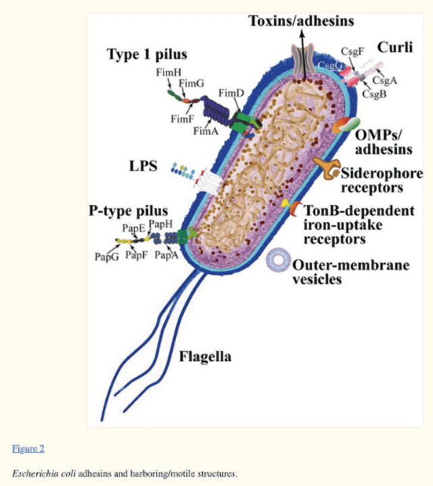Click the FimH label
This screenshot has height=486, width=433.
[168, 72]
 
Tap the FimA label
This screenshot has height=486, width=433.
[206, 131]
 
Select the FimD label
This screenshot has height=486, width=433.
[231, 93]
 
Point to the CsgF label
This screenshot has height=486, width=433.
[352, 51]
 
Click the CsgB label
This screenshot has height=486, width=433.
[374, 93]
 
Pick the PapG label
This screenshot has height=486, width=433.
[107, 257]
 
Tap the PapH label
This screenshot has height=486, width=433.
[160, 224]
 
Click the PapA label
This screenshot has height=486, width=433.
[166, 255]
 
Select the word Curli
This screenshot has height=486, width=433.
[395, 47]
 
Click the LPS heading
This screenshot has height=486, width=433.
[143, 166]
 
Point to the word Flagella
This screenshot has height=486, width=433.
[205, 356]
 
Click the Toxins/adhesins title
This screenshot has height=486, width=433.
[301, 21]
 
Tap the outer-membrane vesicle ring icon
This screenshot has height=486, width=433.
[279, 251]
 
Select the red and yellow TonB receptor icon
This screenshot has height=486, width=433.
[292, 206]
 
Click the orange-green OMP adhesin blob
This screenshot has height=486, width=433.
[346, 125]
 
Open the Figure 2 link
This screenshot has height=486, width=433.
[28, 448]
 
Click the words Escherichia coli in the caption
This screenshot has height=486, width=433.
[44, 473]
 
